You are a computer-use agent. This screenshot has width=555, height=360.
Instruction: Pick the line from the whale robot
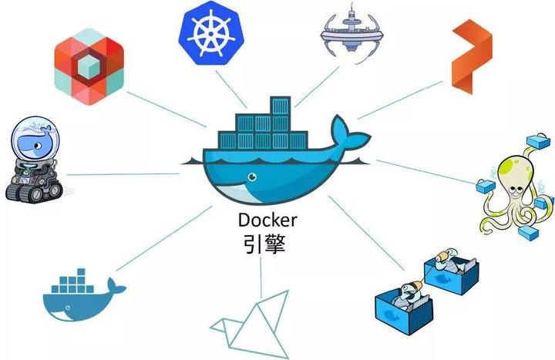tap(123, 174)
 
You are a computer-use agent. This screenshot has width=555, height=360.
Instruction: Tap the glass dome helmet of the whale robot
tap(29, 139)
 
